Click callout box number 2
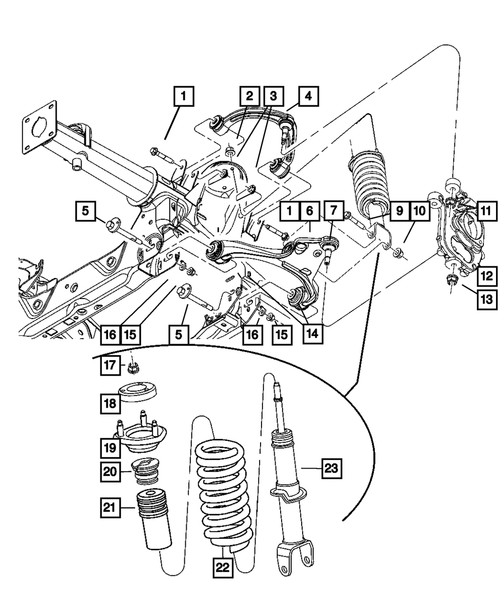pos(249,95)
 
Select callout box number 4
pos(308,95)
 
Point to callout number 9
pos(400,211)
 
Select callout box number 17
pos(110,366)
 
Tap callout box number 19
pos(110,447)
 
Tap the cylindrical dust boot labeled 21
pos(153,522)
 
